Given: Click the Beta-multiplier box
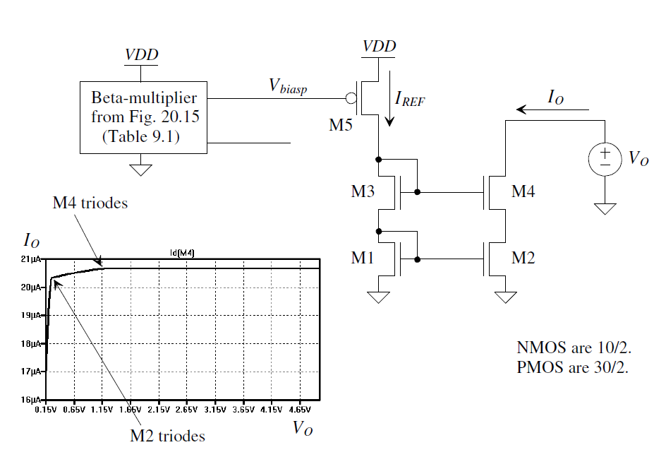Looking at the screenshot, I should click(145, 117).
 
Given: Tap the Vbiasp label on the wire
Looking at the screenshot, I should click(287, 85).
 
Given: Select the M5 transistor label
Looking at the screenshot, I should click(343, 126).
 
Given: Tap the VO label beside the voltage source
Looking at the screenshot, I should click(638, 158).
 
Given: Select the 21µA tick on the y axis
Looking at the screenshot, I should click(33, 260).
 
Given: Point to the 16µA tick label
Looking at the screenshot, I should click(33, 400).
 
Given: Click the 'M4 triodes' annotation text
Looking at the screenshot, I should click(90, 203).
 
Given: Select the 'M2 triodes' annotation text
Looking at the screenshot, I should click(167, 436).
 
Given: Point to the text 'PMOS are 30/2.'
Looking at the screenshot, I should click(571, 368).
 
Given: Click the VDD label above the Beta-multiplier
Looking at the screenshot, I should click(141, 54).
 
